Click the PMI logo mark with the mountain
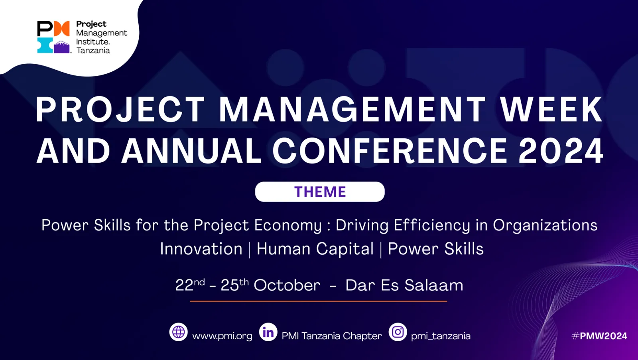tap(53, 37)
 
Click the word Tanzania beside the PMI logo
tap(93, 50)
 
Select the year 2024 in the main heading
tap(561, 151)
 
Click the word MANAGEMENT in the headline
tap(352, 109)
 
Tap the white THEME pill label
tap(320, 192)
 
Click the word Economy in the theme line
tap(288, 226)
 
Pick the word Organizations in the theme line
tap(545, 225)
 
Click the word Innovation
tap(201, 249)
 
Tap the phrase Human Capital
tap(315, 249)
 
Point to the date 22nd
tap(190, 285)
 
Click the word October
tap(287, 285)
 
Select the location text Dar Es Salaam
tap(404, 285)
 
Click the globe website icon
tap(178, 332)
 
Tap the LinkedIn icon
tap(268, 332)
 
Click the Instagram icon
tap(398, 332)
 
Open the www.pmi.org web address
tap(222, 336)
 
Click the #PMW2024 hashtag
tap(599, 336)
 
